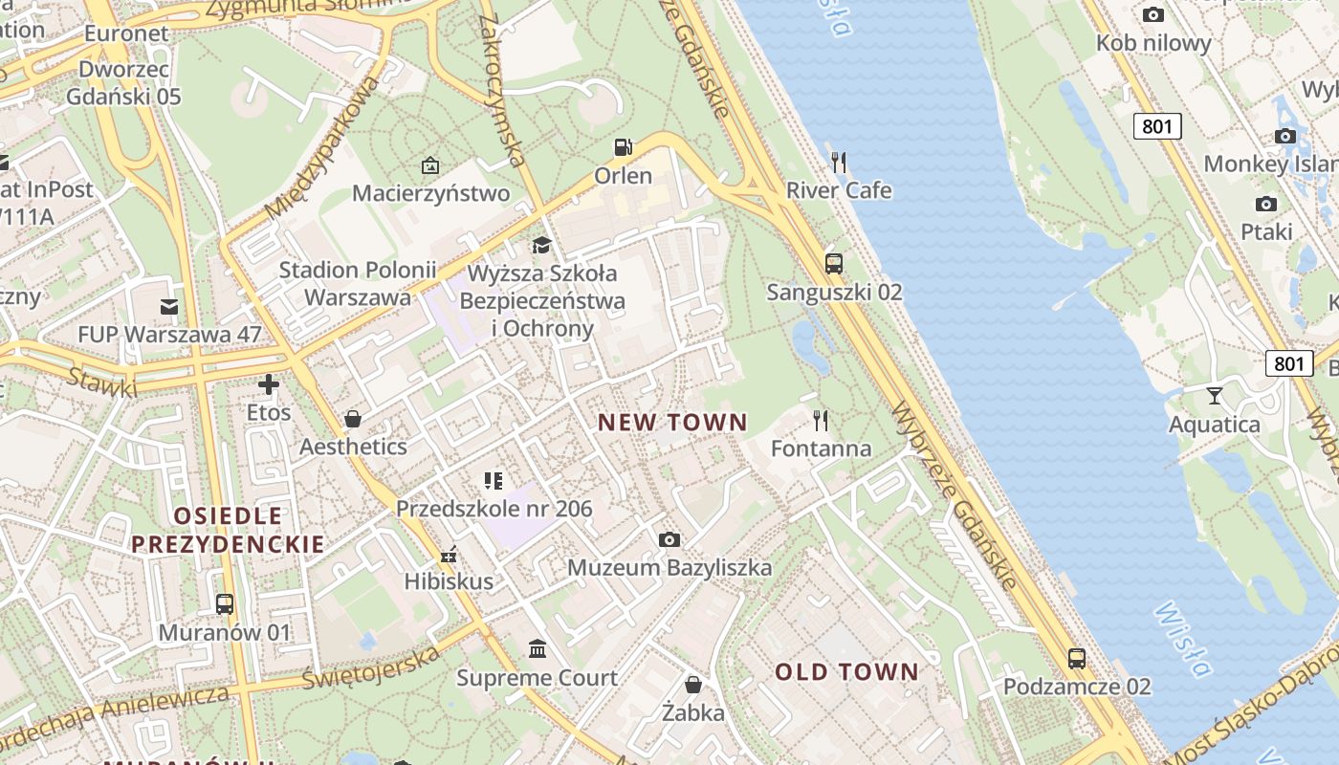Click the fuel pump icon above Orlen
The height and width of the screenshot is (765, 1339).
(x=623, y=147)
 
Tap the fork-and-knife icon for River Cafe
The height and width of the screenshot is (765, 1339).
(x=839, y=162)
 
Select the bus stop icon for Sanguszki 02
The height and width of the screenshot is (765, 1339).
(x=834, y=263)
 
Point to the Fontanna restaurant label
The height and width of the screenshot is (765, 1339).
(x=821, y=448)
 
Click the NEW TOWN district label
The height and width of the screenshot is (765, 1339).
(x=672, y=422)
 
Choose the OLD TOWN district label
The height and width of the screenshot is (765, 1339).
(x=846, y=672)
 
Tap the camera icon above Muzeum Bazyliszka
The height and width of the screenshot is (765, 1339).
(x=669, y=539)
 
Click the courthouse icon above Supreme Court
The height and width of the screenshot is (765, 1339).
(x=538, y=649)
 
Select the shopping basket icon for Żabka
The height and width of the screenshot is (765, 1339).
(x=693, y=685)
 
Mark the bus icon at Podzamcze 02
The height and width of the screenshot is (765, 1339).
(x=1077, y=658)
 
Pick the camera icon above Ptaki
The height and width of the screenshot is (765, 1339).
(x=1266, y=204)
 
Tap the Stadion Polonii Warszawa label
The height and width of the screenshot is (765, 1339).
(x=357, y=284)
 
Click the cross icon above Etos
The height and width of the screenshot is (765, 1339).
(x=269, y=384)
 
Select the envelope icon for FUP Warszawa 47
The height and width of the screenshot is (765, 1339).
(x=169, y=306)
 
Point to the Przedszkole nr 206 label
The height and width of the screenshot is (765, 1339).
(x=494, y=509)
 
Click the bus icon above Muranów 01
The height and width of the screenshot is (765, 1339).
(x=225, y=604)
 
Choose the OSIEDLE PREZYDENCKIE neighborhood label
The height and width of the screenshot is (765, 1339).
(x=228, y=531)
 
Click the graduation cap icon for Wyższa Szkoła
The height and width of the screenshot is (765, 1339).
(x=541, y=246)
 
